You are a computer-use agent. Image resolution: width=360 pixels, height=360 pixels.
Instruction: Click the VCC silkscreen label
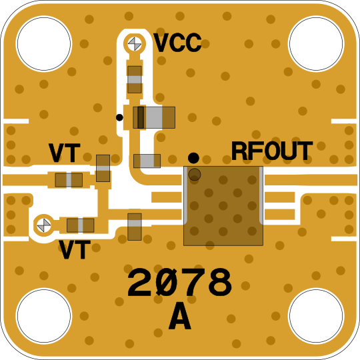[177, 43]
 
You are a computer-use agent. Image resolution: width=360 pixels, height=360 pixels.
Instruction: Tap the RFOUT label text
[272, 151]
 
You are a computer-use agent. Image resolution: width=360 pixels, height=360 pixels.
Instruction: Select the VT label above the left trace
[65, 153]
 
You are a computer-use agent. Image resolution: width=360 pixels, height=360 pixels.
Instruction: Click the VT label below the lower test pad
[75, 249]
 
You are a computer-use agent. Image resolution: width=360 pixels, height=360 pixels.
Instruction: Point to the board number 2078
[180, 282]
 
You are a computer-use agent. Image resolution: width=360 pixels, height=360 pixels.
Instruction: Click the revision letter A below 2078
[180, 316]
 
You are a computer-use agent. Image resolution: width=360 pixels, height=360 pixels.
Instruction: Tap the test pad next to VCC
[135, 44]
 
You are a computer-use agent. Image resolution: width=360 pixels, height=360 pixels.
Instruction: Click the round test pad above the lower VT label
[44, 225]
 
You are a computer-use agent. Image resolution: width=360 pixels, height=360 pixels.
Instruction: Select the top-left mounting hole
[44, 43]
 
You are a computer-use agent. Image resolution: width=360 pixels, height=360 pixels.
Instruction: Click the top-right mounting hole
[316, 43]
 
